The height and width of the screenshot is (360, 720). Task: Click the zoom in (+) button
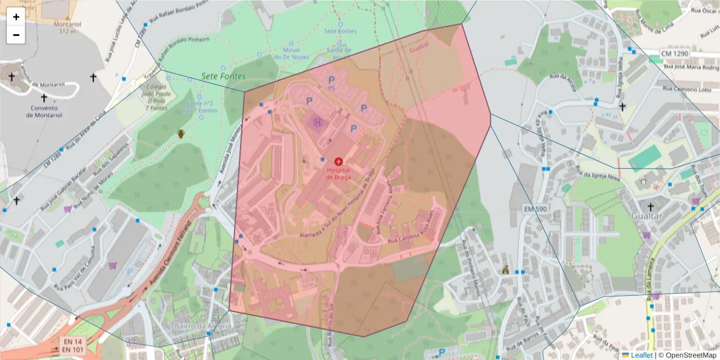click(x=16, y=17)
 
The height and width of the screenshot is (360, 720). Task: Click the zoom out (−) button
click(x=16, y=35)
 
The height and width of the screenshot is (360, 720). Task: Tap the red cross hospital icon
click(x=338, y=161)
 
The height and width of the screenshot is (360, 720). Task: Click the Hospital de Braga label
click(x=338, y=173)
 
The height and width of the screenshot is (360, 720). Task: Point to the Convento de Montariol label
click(x=44, y=111)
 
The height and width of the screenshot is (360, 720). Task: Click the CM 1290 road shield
click(x=674, y=54)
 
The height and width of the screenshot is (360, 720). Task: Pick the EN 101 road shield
click(x=72, y=350)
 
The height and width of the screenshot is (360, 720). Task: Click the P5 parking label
click(x=331, y=88)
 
